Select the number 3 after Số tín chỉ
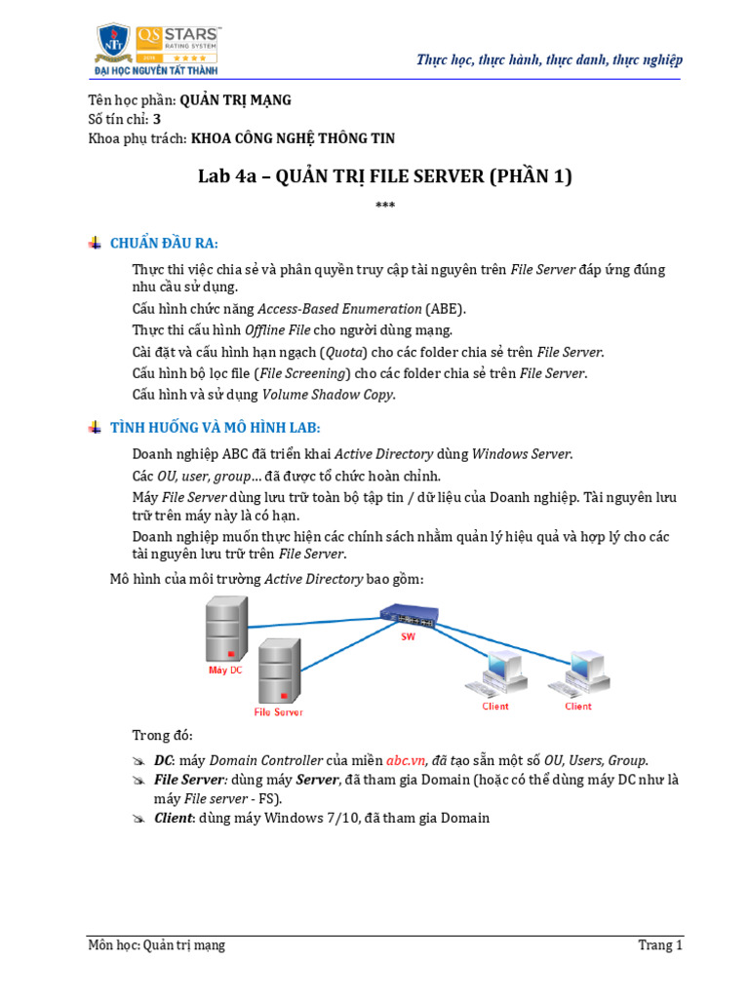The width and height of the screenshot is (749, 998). [x=157, y=119]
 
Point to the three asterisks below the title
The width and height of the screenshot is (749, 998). [x=384, y=206]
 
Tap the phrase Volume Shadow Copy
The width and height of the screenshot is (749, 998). [x=328, y=395]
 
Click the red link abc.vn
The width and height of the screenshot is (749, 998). [x=406, y=760]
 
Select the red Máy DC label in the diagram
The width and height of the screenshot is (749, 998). [x=225, y=671]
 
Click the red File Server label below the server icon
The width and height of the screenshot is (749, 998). [x=278, y=711]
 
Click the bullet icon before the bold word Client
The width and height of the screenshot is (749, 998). [x=139, y=819]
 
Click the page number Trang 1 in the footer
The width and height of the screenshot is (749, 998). [x=660, y=945]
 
